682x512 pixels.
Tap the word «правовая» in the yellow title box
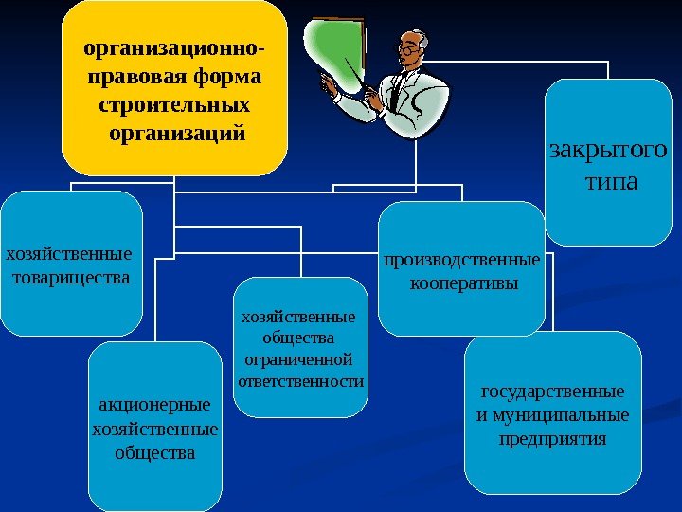click(132, 74)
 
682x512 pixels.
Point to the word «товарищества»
click(73, 278)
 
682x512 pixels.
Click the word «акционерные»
click(155, 405)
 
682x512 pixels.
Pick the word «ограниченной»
click(298, 359)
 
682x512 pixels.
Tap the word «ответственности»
click(300, 381)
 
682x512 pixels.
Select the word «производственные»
click(462, 259)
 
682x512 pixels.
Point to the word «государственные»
click(553, 391)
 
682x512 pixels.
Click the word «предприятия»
click(553, 439)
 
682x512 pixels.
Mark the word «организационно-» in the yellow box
click(174, 46)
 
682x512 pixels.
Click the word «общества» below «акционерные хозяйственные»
click(155, 452)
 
